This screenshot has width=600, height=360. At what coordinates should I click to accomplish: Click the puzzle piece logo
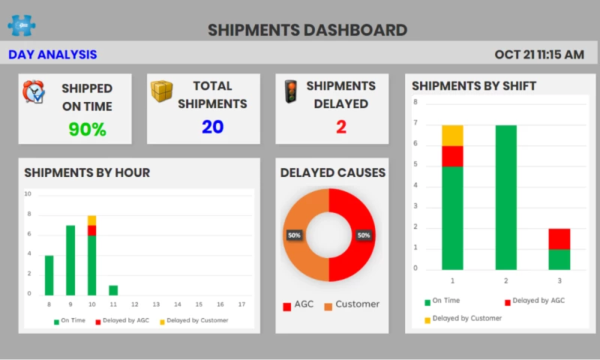[x=22, y=25]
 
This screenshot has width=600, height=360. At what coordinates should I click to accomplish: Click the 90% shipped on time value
[x=87, y=129]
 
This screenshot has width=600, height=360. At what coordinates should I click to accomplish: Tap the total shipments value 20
[x=212, y=127]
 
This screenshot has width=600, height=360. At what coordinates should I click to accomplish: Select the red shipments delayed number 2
[x=341, y=127]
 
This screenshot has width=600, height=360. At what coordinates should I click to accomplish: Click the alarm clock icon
[x=34, y=91]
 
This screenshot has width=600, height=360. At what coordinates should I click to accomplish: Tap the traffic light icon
[x=290, y=91]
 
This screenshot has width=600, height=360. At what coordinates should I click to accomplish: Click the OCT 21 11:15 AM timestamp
[x=538, y=55]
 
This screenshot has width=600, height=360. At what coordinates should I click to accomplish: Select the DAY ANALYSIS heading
[x=52, y=55]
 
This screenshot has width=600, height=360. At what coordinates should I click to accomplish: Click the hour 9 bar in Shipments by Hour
[x=70, y=259]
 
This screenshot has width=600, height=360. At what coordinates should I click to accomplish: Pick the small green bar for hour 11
[x=113, y=290]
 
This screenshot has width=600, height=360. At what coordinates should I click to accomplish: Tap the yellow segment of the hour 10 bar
[x=91, y=220]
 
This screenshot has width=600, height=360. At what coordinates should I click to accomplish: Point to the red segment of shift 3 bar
[x=559, y=238]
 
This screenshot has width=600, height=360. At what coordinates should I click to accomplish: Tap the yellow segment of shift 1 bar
[x=452, y=135]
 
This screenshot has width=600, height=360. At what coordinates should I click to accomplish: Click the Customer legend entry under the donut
[x=352, y=305]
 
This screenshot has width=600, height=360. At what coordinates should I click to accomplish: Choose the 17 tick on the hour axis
[x=241, y=304]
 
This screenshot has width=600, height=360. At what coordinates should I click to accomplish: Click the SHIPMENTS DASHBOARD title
[x=307, y=30]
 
